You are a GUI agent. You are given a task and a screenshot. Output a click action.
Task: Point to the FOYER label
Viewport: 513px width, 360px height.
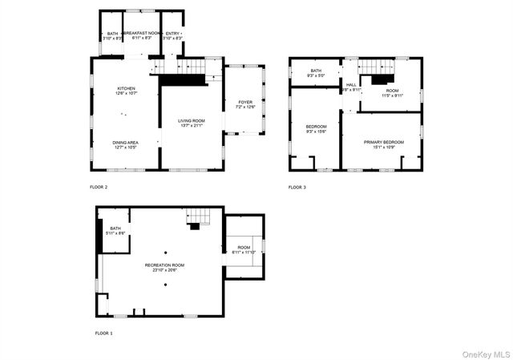click(245, 103)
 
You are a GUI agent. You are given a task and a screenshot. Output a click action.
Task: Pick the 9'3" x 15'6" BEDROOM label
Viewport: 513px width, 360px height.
click(316, 129)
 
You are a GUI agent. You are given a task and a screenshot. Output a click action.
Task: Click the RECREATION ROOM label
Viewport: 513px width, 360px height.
click(164, 267)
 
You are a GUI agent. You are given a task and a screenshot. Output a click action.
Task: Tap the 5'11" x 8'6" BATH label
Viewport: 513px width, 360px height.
click(115, 230)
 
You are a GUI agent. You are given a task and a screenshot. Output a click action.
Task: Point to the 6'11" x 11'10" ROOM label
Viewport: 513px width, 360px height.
click(244, 249)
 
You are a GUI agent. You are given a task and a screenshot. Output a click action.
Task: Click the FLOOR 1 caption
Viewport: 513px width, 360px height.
click(104, 333)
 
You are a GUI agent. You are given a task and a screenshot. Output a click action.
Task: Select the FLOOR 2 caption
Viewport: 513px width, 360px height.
click(99, 187)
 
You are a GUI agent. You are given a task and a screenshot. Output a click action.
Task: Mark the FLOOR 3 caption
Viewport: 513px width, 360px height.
click(297, 187)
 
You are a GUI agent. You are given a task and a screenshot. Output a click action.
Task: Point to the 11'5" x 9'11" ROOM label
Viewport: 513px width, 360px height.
click(392, 93)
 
